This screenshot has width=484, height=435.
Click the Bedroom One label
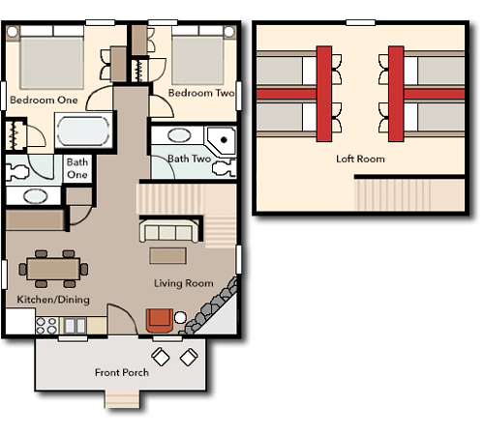pos(44,100)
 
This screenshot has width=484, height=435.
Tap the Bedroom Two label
pos(201,93)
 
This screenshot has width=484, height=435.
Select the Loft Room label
pos(360,159)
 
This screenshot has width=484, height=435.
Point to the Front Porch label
pos(122,372)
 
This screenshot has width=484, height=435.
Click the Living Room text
pos(184,283)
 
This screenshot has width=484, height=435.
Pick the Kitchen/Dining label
pos(53,300)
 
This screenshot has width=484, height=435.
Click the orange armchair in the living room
pos(160,321)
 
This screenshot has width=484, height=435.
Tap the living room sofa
pos(168,231)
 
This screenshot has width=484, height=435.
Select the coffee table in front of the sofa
pos(167,256)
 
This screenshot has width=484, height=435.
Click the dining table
pos(53,269)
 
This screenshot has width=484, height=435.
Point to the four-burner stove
pos(46,326)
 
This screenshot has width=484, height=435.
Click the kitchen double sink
pos(75,326)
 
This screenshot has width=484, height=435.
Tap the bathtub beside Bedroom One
pos(83,130)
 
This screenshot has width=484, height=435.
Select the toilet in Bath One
pos(16,171)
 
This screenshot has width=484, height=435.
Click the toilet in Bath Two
pos(225,169)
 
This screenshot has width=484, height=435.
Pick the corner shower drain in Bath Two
pos(224,140)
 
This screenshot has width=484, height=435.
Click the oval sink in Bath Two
pos(179,135)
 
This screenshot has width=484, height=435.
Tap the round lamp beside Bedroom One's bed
pos(13,32)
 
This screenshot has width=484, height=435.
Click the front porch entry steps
pos(122,399)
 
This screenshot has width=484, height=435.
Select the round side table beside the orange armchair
pos(180,317)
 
